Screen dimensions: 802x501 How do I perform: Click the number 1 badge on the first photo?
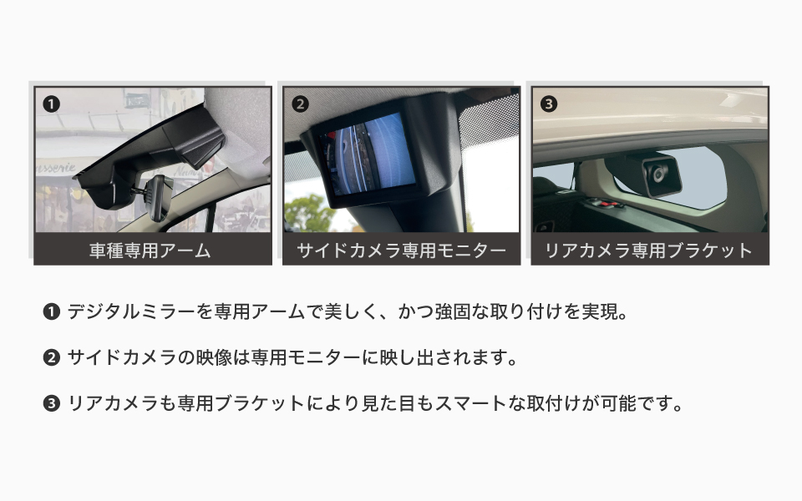point(51,104)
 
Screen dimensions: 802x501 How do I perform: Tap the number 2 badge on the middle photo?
point(300,104)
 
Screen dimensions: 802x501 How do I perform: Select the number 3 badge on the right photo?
point(549,104)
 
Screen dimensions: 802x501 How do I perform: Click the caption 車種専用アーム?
point(150,250)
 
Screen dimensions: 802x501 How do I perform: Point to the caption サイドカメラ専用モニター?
point(402,250)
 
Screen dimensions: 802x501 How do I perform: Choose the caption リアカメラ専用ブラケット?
point(650,250)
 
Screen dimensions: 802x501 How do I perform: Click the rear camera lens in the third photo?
point(658,175)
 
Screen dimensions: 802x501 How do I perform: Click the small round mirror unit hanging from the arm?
point(159,197)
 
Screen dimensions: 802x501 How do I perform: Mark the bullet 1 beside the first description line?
point(52,311)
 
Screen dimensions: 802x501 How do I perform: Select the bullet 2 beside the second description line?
point(52,358)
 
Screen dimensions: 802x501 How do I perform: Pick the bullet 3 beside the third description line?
point(52,404)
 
